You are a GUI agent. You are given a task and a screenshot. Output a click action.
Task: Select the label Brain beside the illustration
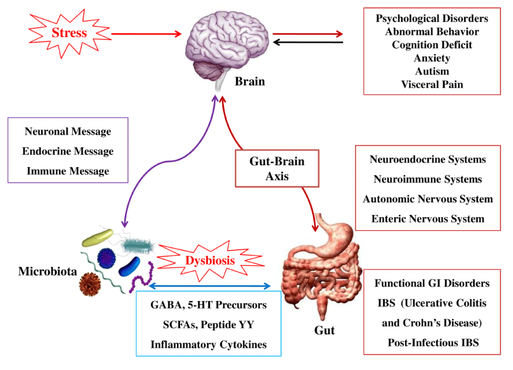pos(250,81)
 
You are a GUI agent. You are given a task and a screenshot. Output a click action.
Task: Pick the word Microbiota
pos(47,271)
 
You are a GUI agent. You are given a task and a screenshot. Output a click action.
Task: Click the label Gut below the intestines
pos(324,330)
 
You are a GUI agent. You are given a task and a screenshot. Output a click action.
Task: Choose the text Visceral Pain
pos(432,84)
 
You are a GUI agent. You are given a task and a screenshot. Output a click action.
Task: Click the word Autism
pos(432,71)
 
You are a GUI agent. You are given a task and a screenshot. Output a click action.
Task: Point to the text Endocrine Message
pos(68,151)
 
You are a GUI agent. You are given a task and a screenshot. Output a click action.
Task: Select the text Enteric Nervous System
pos(428,218)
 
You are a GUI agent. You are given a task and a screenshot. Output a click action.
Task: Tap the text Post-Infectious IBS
pos(433,343)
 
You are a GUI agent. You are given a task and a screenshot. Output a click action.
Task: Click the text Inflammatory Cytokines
pos(209,344)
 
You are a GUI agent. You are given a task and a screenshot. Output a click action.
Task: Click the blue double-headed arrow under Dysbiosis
pos(209,286)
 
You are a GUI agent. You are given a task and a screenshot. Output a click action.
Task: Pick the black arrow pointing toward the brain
pos(308,42)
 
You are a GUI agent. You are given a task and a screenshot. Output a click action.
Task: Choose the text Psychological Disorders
pos(432,18)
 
